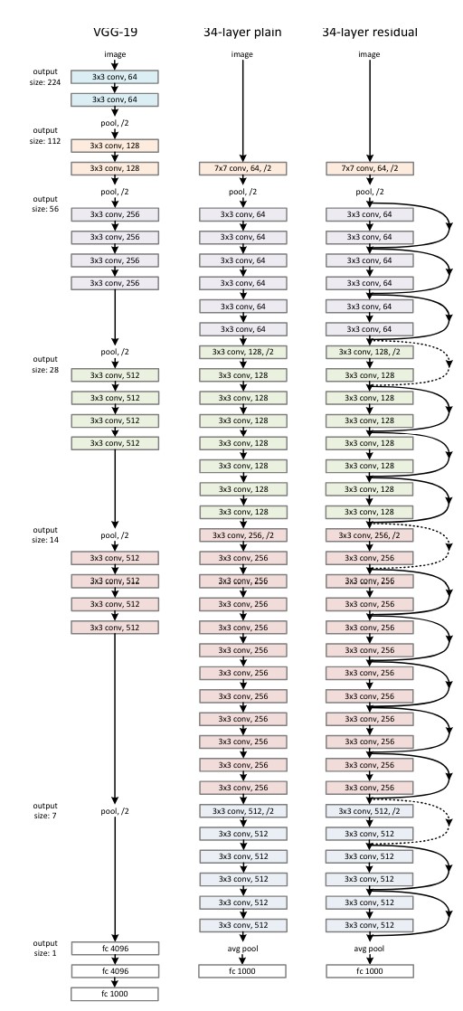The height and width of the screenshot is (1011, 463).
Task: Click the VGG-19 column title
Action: [115, 33]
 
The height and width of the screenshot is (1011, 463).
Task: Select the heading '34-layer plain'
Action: [241, 33]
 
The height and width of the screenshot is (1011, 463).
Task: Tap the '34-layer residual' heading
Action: [369, 33]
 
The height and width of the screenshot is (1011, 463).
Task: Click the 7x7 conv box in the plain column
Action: [241, 168]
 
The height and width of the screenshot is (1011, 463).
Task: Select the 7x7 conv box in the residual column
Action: [369, 168]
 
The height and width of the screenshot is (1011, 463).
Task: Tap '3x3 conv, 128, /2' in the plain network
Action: [241, 352]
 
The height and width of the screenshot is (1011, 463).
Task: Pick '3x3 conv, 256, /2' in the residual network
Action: [369, 535]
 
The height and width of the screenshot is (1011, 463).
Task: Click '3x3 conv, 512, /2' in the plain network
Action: [241, 810]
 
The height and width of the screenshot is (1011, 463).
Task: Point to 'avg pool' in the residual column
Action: [369, 950]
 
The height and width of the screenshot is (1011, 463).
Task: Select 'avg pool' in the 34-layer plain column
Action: [241, 950]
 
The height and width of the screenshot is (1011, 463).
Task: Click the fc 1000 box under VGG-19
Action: [115, 993]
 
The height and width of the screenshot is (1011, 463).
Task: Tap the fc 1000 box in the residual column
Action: [369, 970]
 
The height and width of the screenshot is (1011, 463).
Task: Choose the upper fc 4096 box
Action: [115, 948]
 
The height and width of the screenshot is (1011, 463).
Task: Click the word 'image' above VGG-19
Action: [115, 54]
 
